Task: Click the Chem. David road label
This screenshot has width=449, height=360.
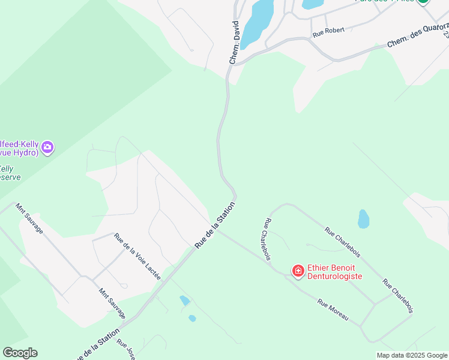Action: tap(236, 43)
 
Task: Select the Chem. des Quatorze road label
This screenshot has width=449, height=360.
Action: tap(418, 36)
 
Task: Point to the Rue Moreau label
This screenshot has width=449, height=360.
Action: tap(333, 310)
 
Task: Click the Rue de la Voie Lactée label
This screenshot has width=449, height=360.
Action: tap(137, 256)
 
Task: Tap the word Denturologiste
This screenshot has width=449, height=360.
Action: tap(334, 276)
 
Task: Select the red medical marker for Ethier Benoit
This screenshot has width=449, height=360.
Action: tap(298, 272)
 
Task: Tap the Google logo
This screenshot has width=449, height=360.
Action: tap(20, 353)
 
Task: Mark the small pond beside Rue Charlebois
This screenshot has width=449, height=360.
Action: tap(363, 219)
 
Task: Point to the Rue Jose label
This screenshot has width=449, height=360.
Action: tap(125, 350)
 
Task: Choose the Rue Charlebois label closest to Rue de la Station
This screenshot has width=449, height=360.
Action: tap(266, 239)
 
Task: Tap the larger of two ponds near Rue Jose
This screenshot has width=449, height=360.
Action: tap(184, 300)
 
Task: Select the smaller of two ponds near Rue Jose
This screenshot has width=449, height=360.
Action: tap(192, 318)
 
